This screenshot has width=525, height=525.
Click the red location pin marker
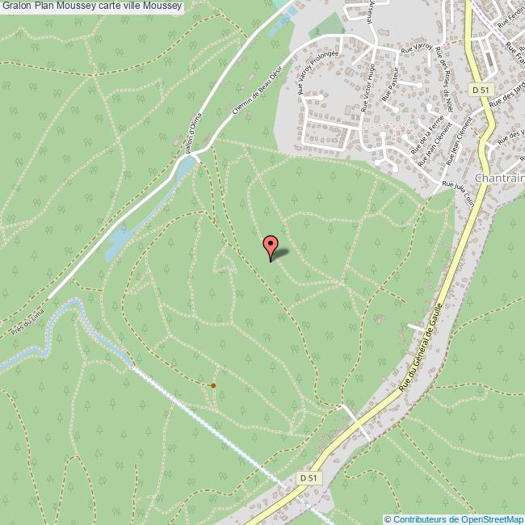pos(271,244)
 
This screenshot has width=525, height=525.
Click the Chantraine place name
pos(500,178)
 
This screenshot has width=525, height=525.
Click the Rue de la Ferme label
pos(427,136)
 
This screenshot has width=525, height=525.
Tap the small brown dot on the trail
pos(213,385)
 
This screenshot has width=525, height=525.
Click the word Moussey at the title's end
pos(162,7)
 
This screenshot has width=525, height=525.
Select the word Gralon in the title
pos(18,7)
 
